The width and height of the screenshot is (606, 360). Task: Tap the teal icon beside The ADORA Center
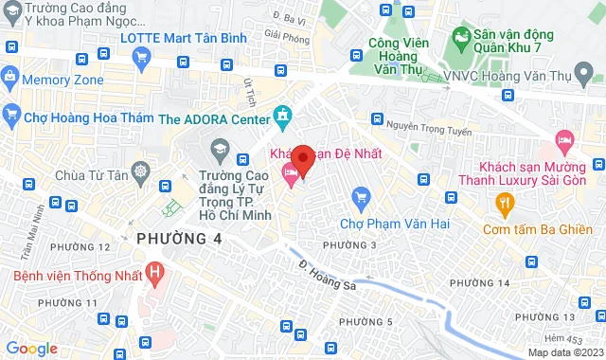[x=281, y=117]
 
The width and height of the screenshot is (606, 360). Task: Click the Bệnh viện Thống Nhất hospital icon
[x=156, y=274]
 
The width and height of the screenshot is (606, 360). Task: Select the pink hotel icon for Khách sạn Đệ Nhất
[x=289, y=171]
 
